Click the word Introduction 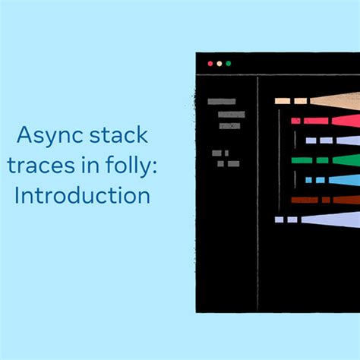click(82, 195)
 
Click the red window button click(210, 64)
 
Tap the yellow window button click(219, 64)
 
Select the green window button click(229, 64)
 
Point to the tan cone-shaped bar click(334, 100)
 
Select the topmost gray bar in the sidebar click(221, 101)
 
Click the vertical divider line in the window click(258, 190)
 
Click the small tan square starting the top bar click(282, 100)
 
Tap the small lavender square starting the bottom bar click(279, 219)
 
